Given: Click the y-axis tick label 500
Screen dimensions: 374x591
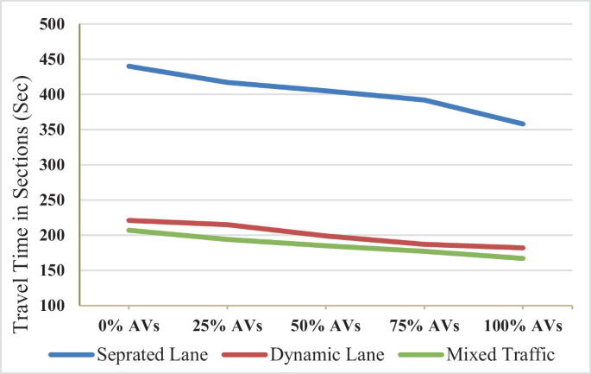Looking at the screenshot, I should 54,24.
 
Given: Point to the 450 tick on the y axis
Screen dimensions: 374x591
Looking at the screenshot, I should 54,60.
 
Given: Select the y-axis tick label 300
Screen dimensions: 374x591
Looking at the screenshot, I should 54,165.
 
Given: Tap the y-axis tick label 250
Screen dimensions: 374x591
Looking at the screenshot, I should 54,200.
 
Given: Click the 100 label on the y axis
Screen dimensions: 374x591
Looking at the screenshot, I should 54,306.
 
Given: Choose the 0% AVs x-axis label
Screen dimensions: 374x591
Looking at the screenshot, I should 129,326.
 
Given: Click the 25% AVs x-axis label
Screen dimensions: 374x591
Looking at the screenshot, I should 227,326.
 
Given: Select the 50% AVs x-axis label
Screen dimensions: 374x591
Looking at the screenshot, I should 325,326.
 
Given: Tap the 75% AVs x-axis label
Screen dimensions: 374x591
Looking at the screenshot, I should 424,326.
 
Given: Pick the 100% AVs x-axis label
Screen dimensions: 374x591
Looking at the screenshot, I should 522,326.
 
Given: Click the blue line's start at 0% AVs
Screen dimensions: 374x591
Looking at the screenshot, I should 129,66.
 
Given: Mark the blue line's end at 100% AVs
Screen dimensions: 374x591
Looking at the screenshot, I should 522,124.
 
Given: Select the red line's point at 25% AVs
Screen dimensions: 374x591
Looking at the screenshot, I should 227,225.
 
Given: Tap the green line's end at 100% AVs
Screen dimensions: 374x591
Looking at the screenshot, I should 522,258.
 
